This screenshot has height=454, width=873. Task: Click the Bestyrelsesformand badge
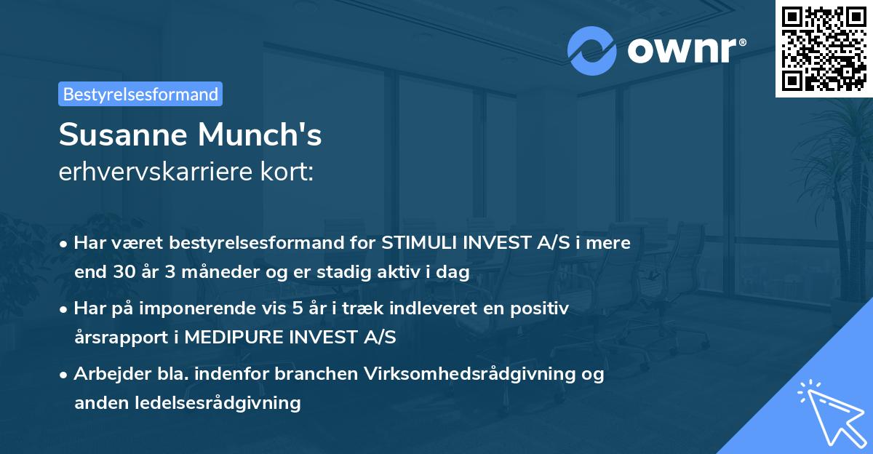click(140, 94)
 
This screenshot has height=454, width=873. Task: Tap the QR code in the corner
click(824, 48)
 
